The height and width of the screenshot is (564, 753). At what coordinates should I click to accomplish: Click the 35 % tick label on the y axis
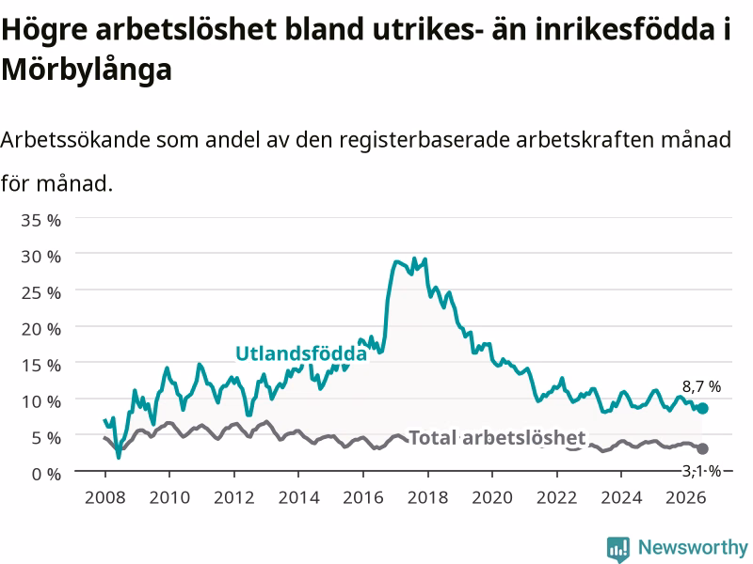pos(40,220)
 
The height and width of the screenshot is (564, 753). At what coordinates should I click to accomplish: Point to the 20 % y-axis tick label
pos(40,329)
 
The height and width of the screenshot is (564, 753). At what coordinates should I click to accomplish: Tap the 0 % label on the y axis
pos(46,474)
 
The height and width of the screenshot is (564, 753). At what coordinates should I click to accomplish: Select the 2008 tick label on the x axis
pos(105,497)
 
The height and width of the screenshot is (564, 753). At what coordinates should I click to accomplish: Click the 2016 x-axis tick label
pos(363,497)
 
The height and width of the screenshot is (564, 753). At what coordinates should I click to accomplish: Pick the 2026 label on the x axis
pos(686,497)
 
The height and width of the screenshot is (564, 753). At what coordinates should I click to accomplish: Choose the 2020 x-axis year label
pos(492,497)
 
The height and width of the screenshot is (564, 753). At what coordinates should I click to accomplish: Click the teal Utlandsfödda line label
pos(301,353)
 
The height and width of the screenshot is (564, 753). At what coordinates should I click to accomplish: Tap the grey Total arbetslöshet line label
pos(497,438)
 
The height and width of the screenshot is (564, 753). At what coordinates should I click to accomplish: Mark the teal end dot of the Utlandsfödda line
pos(702,409)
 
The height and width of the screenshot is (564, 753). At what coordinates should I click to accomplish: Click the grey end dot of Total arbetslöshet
pos(702,449)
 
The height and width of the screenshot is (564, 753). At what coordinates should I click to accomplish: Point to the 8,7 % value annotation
pos(701,386)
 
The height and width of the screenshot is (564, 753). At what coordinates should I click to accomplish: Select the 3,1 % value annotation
pos(701,472)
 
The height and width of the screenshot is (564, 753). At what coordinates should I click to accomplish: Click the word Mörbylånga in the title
pos(87,70)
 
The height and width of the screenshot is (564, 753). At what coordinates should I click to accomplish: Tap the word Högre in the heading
pos(44,30)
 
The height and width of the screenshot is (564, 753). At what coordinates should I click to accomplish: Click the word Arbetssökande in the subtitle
pos(75,140)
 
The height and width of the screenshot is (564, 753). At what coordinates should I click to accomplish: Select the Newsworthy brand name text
pos(693,547)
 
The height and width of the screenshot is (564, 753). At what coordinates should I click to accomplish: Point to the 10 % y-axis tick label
pos(40,401)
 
